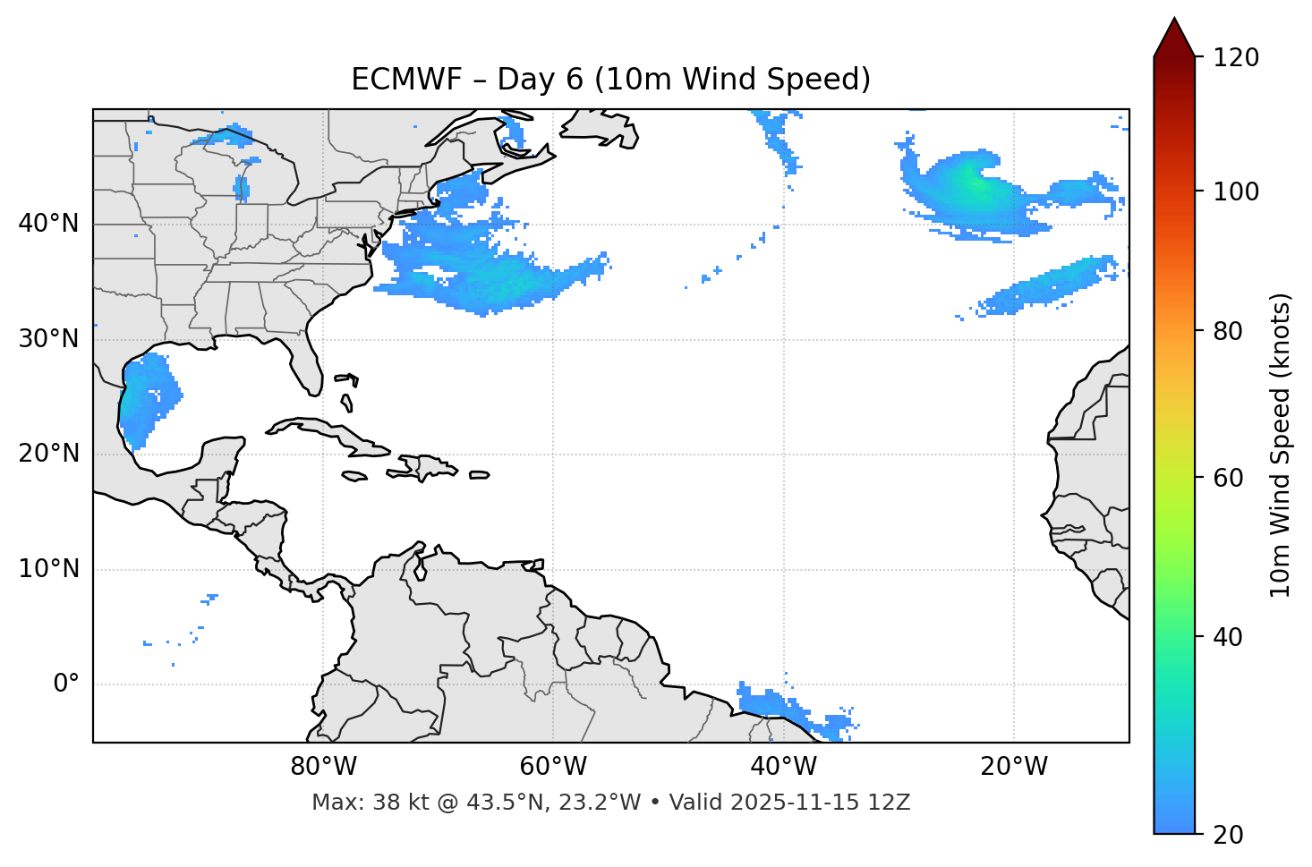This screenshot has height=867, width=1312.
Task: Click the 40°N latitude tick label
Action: tap(48, 224)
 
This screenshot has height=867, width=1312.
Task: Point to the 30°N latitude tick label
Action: tap(48, 339)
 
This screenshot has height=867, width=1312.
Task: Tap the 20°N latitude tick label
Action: tap(48, 454)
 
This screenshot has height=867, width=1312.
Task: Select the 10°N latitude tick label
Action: tap(48, 569)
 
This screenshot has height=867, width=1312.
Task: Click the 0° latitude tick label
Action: tap(66, 684)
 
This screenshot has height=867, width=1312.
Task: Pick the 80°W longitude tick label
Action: tap(323, 767)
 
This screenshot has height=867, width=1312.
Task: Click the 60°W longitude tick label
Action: tap(553, 767)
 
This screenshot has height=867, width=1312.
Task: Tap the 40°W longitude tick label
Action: tap(783, 767)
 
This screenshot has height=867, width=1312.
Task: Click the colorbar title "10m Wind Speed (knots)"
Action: tap(1281, 445)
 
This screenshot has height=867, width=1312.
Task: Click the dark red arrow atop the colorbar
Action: tap(1174, 38)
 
